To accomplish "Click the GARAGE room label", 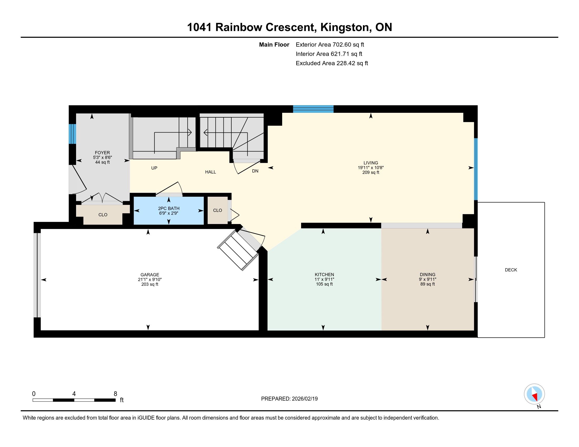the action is click(150, 275).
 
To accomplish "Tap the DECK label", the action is click(511, 270).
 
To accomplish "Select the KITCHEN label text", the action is click(324, 275).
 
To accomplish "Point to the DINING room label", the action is click(427, 275).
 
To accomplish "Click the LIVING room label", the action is click(371, 163).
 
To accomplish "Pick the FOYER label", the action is click(102, 153).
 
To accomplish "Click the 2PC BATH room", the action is click(169, 211).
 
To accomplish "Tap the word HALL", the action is click(211, 172).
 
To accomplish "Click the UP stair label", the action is click(154, 168).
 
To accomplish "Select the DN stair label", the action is click(255, 171).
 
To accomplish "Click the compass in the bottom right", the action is click(534, 394).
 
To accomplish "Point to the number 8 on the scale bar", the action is click(115, 394).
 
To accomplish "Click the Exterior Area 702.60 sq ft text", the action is click(330, 45).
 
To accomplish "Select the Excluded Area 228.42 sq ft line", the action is click(332, 63).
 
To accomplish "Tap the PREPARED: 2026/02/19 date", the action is click(289, 399).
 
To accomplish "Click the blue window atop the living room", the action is click(313, 109).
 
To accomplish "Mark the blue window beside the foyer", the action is click(72, 134).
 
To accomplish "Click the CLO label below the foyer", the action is click(103, 215).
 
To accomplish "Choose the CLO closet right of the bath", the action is click(217, 210).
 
